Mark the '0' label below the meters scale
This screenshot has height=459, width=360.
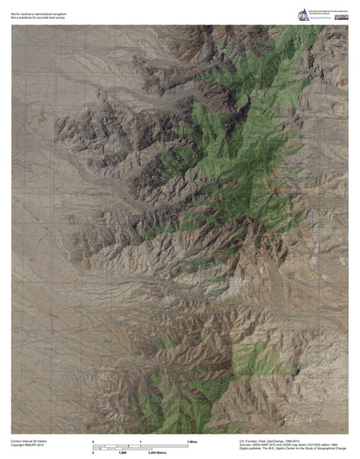tap(93, 454)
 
